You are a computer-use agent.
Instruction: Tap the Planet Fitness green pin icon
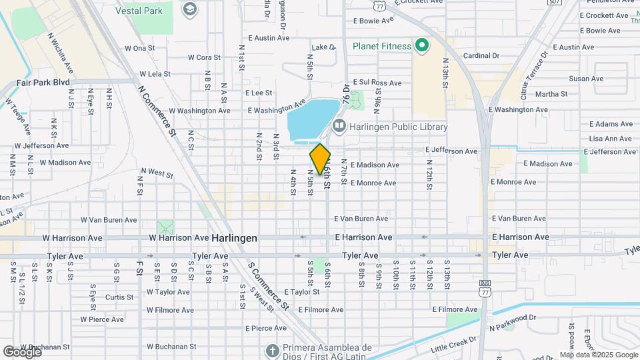[421, 46]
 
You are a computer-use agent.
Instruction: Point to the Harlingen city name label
[235, 238]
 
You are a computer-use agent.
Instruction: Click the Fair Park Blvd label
[43, 82]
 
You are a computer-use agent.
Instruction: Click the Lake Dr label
[323, 47]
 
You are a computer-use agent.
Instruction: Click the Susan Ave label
[586, 79]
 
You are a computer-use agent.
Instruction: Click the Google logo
[21, 351]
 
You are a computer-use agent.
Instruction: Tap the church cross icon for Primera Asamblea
[272, 349]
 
